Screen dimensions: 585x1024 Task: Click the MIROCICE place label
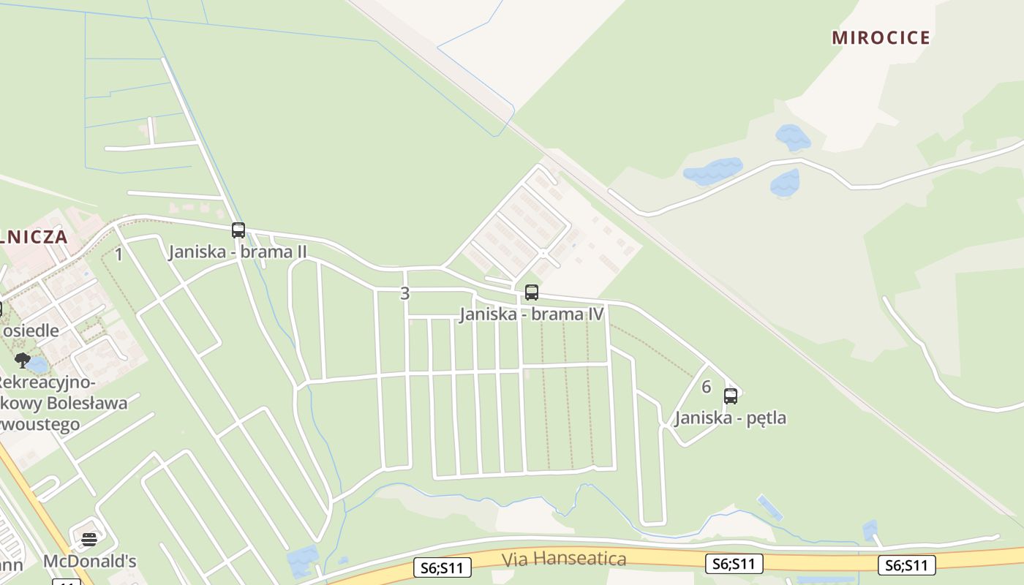pos(881,38)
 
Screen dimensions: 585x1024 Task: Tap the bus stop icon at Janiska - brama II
pos(238,230)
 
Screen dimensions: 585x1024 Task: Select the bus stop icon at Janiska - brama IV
pos(532,292)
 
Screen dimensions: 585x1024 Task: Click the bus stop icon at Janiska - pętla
pos(730,396)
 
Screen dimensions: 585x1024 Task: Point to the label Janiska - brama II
pos(238,252)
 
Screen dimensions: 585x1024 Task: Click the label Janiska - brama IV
pos(532,314)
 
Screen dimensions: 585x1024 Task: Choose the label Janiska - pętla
pos(730,418)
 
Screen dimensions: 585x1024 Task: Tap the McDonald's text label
pos(90,562)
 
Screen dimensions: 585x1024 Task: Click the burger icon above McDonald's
pos(89,540)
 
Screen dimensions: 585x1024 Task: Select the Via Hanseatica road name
pos(564,559)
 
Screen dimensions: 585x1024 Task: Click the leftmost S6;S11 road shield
pos(442,567)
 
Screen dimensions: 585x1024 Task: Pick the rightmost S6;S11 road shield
pos(907,565)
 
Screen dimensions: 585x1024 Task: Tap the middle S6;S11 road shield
pos(734,563)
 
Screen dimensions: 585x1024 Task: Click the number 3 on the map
pos(405,294)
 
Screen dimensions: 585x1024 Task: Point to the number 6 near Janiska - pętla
pos(706,387)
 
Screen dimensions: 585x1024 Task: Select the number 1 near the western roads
pos(119,254)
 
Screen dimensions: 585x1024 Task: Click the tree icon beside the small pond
pos(23,360)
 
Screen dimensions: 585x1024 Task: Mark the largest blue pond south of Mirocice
pos(712,171)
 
